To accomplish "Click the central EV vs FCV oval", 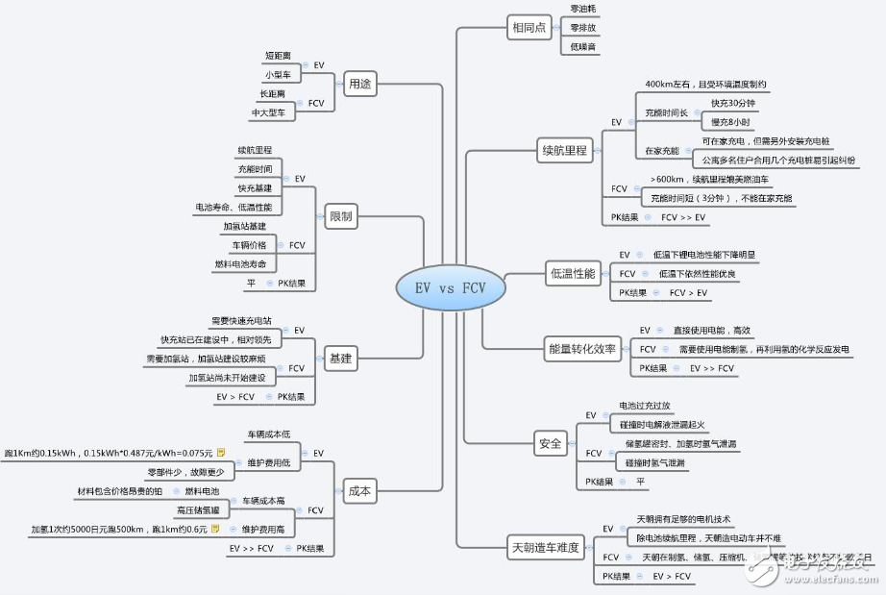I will tap(450, 287).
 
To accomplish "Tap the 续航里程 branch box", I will tap(566, 149).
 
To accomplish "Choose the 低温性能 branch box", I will tap(572, 273).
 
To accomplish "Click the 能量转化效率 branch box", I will tap(581, 349).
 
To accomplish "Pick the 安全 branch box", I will tap(550, 443).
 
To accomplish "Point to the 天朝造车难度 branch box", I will tap(545, 549).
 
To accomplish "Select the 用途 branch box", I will tap(358, 84).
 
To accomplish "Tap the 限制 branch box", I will tap(341, 216).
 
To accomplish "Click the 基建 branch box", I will tap(341, 359).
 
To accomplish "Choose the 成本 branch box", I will tap(358, 490).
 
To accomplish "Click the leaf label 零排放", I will tap(583, 28).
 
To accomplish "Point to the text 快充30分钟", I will tap(733, 103).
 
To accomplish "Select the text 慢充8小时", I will tap(731, 123).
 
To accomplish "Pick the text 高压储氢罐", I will tap(198, 509).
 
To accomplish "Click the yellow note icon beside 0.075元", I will tap(220, 453).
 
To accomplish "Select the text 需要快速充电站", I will tap(241, 320).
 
